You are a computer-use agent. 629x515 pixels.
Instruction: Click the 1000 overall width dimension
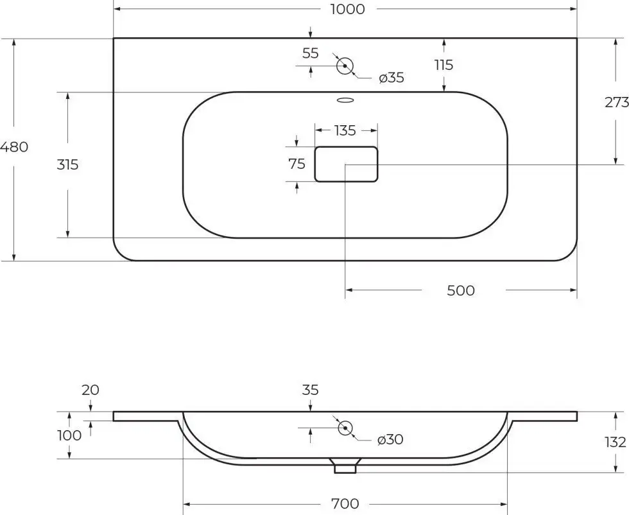click(x=347, y=9)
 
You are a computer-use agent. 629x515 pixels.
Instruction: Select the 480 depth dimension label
click(x=14, y=147)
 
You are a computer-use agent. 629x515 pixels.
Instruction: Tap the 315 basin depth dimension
click(x=67, y=164)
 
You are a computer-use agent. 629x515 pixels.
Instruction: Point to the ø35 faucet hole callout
click(x=392, y=78)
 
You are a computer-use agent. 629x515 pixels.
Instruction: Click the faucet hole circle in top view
click(x=345, y=66)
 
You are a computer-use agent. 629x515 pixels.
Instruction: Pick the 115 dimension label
click(x=444, y=65)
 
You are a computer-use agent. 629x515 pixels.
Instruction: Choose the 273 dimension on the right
click(x=617, y=102)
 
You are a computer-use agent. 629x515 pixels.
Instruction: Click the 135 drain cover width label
click(x=345, y=130)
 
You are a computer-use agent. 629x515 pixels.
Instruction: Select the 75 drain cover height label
click(x=297, y=164)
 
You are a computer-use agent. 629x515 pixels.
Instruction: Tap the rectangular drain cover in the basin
click(x=346, y=164)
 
